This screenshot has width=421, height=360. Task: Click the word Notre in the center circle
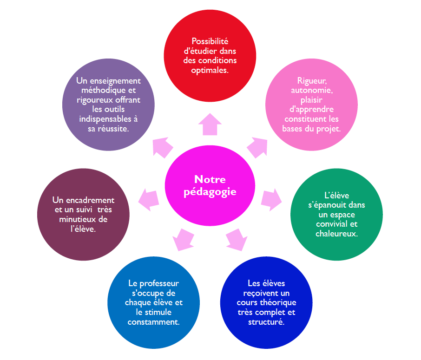[x=210, y=179]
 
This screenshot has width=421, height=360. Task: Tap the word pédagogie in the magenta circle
[x=210, y=191]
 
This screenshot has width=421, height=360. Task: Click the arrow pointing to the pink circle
[x=257, y=147]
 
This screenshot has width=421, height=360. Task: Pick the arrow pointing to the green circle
[x=272, y=198]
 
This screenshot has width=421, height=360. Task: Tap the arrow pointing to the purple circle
[x=163, y=147]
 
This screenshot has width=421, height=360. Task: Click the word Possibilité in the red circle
[x=210, y=41]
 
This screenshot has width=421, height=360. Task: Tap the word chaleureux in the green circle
[x=336, y=234]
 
